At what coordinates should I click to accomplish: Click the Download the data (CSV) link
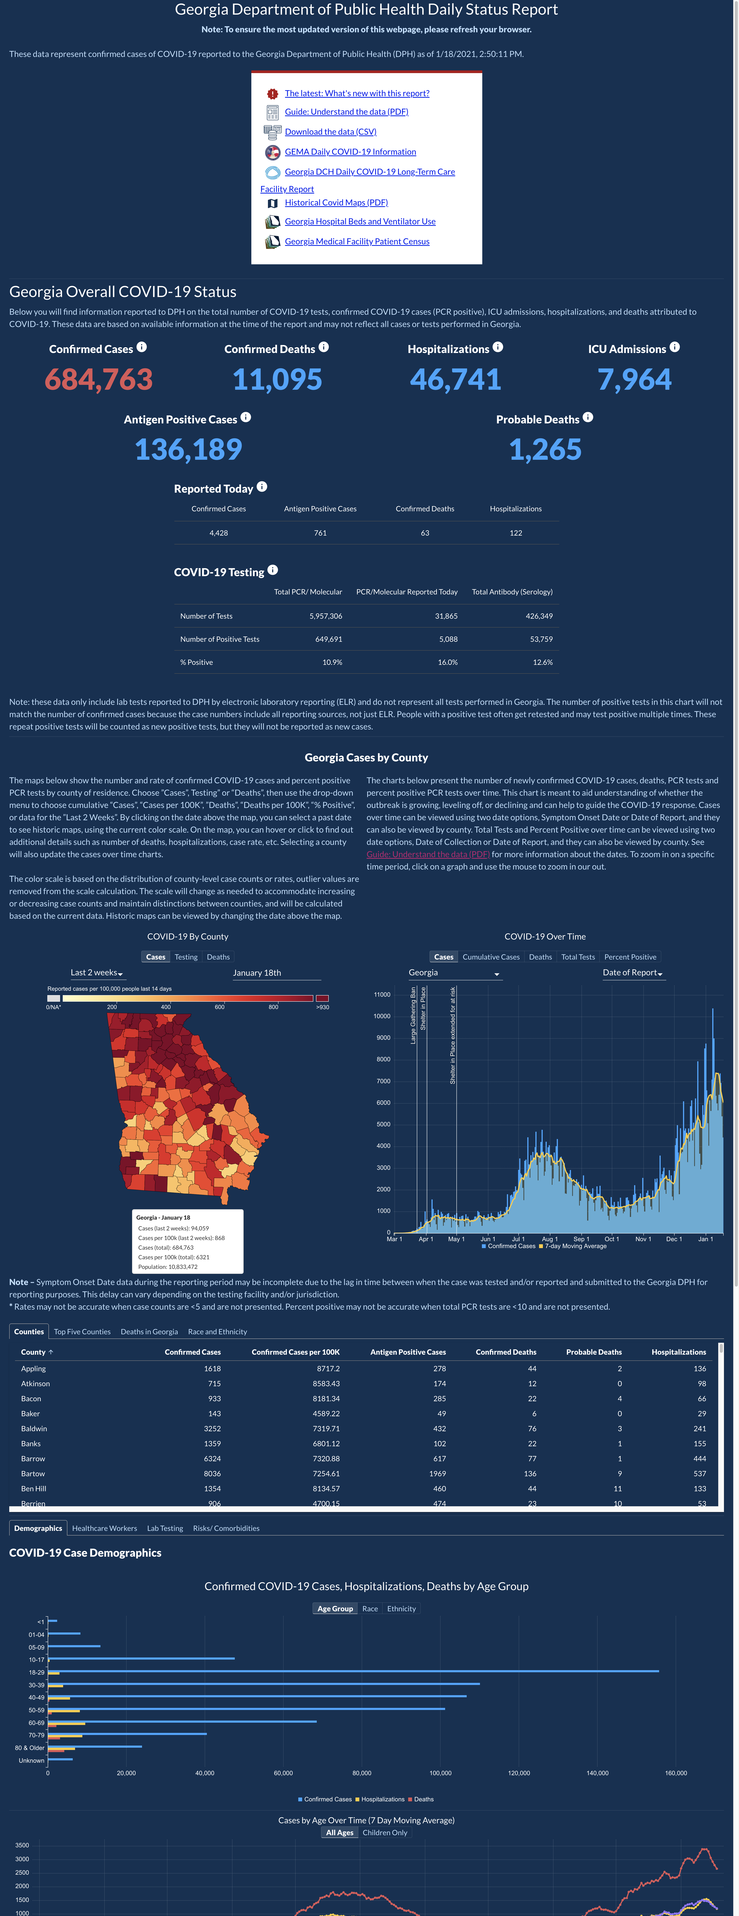330,132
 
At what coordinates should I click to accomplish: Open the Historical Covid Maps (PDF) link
336,202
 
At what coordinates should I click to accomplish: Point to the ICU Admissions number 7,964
635,379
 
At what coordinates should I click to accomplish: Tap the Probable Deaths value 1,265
546,449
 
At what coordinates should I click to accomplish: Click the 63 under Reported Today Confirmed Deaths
425,532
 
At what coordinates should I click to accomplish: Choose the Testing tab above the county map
186,957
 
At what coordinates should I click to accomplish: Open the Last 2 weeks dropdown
97,973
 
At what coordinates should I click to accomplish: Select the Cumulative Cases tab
491,957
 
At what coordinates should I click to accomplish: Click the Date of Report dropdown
633,973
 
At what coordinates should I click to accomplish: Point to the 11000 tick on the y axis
382,994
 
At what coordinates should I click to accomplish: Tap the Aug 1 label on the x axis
548,1239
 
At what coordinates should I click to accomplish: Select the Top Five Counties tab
82,1331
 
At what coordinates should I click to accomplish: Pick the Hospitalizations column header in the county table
679,1352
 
